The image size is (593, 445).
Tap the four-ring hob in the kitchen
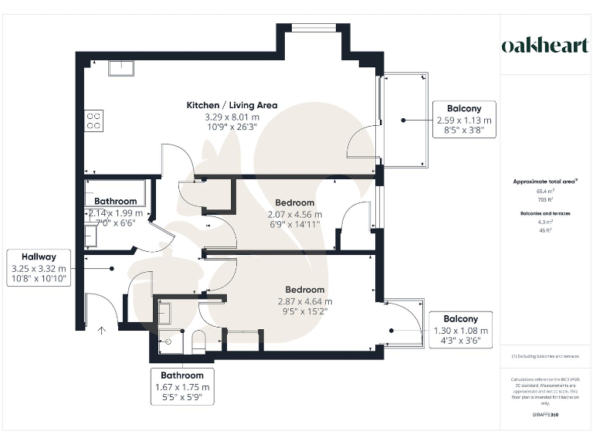(94, 121)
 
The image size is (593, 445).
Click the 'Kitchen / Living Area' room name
(232, 105)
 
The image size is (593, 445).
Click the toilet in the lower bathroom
(198, 341)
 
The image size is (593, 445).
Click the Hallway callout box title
(39, 256)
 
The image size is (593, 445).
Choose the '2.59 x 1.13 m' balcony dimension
(463, 121)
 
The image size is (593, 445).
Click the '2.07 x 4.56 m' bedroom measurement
(295, 214)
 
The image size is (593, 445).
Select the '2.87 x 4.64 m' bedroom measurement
(305, 301)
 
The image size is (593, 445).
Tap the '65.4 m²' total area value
(545, 191)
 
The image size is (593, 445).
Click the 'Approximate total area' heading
(545, 182)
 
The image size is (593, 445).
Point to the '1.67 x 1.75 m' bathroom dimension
(182, 387)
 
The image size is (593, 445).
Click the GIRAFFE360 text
(545, 416)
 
